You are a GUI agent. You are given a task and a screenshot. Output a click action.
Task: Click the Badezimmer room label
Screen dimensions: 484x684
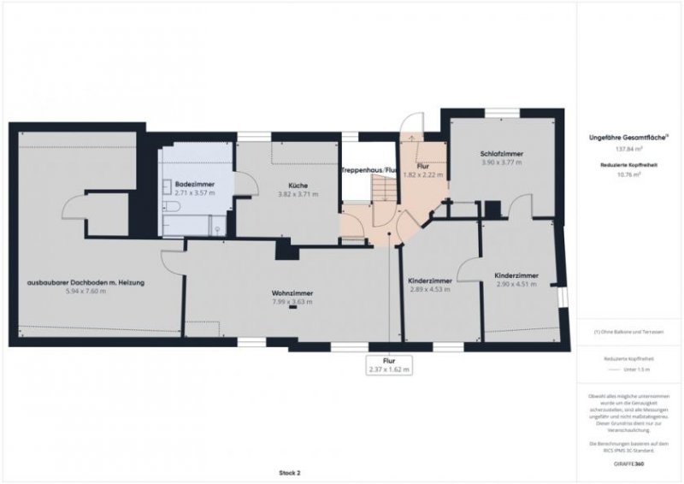tap(188, 184)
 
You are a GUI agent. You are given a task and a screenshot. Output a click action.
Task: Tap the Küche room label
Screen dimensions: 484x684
tap(298, 186)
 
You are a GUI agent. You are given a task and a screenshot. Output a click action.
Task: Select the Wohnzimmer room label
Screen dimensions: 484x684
tap(292, 292)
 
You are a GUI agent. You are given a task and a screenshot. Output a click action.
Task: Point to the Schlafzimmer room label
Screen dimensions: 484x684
tap(501, 154)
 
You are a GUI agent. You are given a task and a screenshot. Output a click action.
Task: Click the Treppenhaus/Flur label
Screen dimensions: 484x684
tap(367, 171)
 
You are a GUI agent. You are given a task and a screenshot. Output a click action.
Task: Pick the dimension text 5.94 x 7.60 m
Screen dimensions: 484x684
tap(83, 291)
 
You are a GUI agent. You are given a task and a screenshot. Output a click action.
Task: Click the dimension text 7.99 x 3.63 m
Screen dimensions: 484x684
tap(292, 301)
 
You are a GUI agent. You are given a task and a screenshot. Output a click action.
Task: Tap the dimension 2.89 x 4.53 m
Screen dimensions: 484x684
tap(429, 289)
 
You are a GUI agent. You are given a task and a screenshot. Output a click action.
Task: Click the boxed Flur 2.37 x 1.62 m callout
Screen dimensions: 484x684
tap(389, 365)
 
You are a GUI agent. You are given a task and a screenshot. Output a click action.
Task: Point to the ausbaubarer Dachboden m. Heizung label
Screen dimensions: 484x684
tap(85, 282)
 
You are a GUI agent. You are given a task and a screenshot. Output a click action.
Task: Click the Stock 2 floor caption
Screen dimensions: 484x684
tap(290, 471)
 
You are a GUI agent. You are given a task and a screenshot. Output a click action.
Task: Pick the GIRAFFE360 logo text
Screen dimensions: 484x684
tap(629, 460)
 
